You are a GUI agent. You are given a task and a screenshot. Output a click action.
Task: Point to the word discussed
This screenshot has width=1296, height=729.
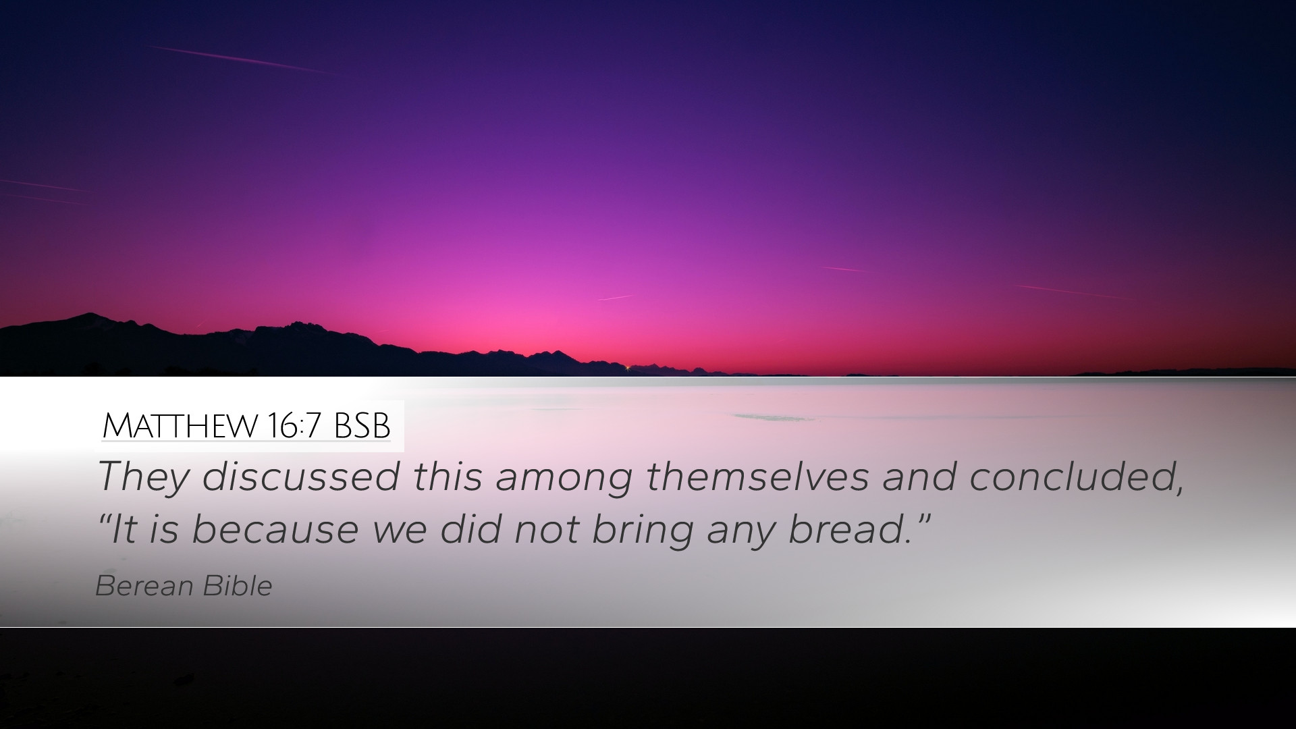(x=300, y=476)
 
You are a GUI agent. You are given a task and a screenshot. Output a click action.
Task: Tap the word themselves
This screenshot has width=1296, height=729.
(x=757, y=476)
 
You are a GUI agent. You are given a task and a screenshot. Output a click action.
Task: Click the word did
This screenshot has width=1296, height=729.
(x=471, y=529)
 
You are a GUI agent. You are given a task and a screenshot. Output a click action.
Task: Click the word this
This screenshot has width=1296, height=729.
(x=448, y=476)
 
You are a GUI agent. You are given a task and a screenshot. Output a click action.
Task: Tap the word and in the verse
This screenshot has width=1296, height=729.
(x=919, y=476)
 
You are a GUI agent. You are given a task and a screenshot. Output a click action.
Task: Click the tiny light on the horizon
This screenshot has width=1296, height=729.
(x=628, y=368)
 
